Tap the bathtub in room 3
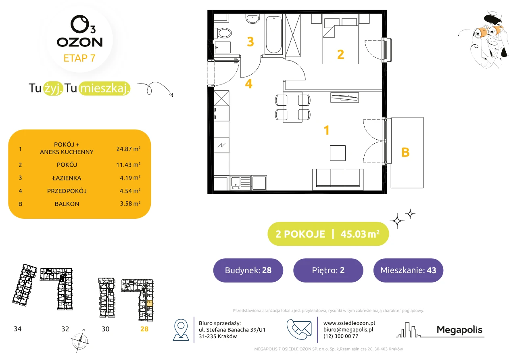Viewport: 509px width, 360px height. click(x=273, y=34)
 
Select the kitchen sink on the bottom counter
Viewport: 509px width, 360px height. click(x=240, y=183)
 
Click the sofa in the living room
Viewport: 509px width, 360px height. click(x=338, y=179)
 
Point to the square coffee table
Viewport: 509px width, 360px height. click(x=338, y=153)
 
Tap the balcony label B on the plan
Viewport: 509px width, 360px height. click(x=405, y=152)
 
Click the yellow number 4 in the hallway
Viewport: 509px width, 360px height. click(x=248, y=84)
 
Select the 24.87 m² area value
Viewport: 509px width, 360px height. click(x=128, y=149)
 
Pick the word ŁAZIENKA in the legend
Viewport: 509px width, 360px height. click(x=67, y=178)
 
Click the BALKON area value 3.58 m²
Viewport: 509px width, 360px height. click(x=130, y=203)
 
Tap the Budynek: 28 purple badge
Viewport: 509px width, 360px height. click(x=248, y=270)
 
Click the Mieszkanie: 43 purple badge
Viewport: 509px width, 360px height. click(x=408, y=270)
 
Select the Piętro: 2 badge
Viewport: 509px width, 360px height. click(x=328, y=270)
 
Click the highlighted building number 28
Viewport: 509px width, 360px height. click(x=144, y=329)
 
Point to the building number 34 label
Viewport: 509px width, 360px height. click(x=17, y=329)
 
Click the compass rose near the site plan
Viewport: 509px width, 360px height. click(x=80, y=341)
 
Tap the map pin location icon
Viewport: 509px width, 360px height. click(x=181, y=329)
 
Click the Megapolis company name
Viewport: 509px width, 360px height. click(x=459, y=330)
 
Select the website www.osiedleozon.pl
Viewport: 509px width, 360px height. click(x=349, y=323)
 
